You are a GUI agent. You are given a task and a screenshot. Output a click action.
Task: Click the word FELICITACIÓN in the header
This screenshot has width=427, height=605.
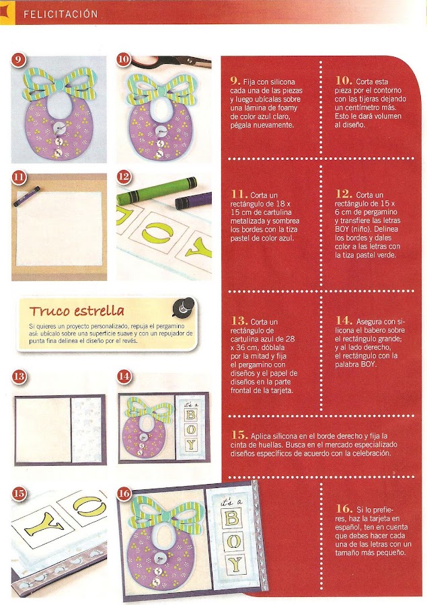[61, 14]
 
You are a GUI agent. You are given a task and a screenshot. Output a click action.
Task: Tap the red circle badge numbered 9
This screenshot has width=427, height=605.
[18, 60]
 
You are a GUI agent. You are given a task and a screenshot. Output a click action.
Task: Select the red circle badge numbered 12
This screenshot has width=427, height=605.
[124, 177]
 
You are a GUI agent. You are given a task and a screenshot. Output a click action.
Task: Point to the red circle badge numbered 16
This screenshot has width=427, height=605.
[124, 493]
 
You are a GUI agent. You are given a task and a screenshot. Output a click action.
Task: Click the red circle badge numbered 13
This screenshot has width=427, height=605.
[19, 376]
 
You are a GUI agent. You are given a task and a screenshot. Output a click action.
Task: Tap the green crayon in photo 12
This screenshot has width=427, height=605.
[157, 191]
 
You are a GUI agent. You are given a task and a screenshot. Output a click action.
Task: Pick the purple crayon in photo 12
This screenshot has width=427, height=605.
[193, 200]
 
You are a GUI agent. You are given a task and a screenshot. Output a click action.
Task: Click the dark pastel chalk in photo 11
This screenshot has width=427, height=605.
[27, 196]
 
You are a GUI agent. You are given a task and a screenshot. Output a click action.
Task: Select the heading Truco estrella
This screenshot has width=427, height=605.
[77, 311]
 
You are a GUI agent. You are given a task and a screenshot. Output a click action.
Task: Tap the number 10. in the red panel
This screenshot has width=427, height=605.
[344, 81]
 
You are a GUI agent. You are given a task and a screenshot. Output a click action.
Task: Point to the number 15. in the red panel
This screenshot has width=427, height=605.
[239, 435]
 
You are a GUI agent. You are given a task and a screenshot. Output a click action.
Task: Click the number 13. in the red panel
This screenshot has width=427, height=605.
[239, 321]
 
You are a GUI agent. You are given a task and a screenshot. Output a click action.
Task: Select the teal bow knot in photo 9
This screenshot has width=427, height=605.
[59, 83]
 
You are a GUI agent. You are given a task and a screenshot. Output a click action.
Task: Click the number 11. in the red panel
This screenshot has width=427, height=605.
[239, 194]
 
